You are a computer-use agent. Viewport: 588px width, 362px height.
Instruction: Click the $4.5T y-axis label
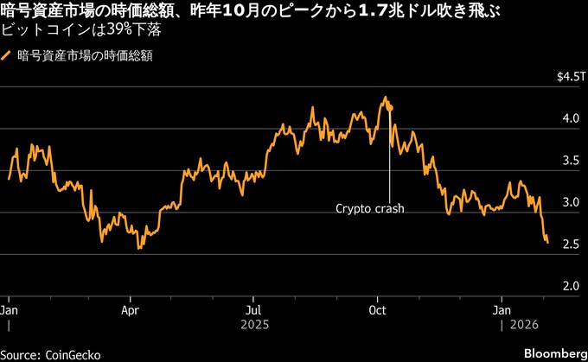pyautogui.click(x=570, y=78)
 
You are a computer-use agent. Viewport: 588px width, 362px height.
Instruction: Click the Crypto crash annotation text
pyautogui.click(x=370, y=208)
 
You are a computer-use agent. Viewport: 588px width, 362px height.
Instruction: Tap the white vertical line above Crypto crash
pyautogui.click(x=390, y=156)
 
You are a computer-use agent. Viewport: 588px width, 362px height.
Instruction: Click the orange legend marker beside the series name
pyautogui.click(x=8, y=56)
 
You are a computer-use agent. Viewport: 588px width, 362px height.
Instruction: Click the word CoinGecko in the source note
pyautogui.click(x=78, y=354)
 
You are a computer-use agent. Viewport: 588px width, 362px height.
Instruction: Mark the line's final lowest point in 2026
pyautogui.click(x=547, y=243)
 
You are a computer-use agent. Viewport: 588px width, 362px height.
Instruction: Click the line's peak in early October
pyautogui.click(x=384, y=98)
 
